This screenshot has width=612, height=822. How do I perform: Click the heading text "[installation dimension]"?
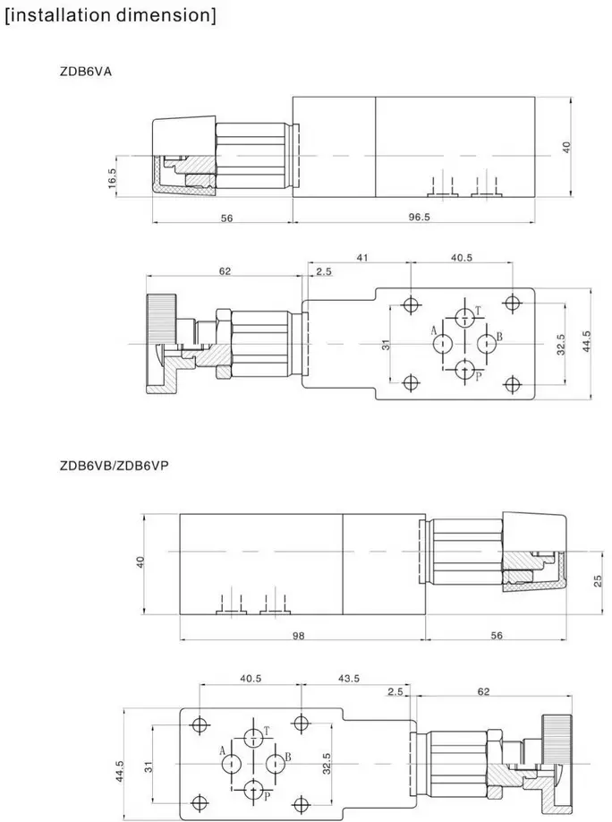point(110,14)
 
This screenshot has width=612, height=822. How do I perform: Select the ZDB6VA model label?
point(85,72)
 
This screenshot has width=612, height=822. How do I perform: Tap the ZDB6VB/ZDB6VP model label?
point(115,466)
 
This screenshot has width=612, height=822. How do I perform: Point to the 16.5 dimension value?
point(112,176)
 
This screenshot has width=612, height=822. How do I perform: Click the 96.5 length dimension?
point(419,217)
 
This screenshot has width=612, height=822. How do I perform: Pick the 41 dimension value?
point(362,257)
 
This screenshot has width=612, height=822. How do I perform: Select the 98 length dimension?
point(298,636)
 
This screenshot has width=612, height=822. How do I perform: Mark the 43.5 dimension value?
point(348,679)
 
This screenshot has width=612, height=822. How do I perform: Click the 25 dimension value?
point(598,581)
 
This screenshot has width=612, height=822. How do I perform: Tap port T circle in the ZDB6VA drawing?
point(464,317)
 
